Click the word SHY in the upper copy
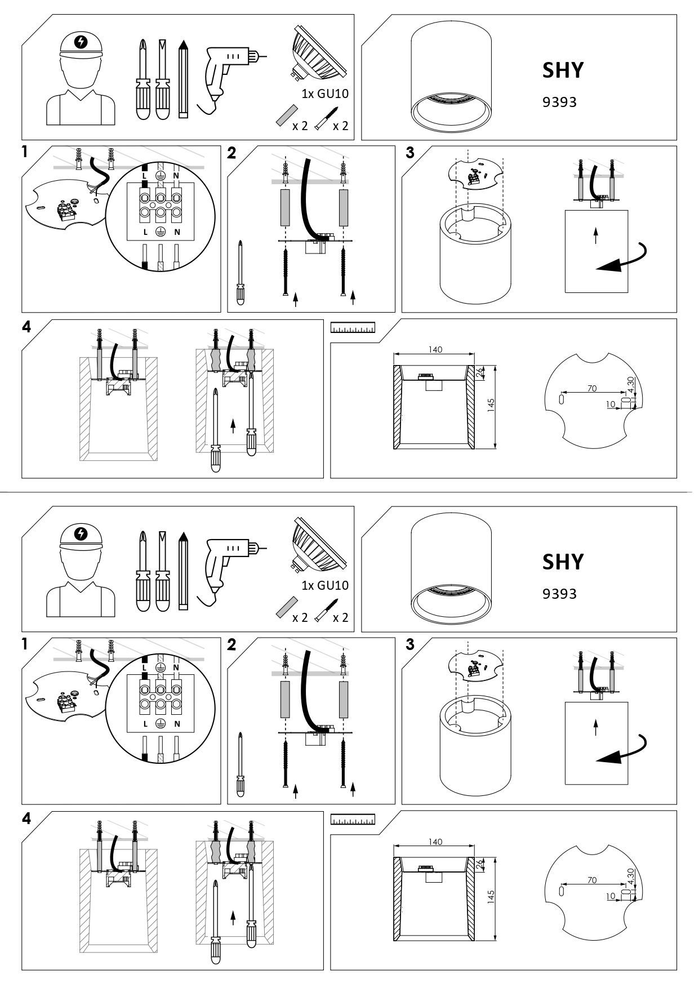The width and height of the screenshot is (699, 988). [x=563, y=70]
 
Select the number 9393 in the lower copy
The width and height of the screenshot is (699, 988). [x=559, y=594]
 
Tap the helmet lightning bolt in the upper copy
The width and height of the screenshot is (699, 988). [x=82, y=42]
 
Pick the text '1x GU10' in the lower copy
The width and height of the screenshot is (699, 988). [x=325, y=585]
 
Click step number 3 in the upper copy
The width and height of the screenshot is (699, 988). [x=410, y=153]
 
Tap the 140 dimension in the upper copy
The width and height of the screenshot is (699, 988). [x=435, y=349]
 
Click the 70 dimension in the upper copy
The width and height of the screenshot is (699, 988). [x=591, y=388]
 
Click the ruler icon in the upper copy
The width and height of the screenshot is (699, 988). [x=353, y=328]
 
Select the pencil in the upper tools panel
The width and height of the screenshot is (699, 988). [x=182, y=78]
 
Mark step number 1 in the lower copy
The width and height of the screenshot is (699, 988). [x=25, y=644]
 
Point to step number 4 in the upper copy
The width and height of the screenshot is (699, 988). [x=26, y=327]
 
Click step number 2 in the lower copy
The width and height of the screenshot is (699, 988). [x=231, y=645]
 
